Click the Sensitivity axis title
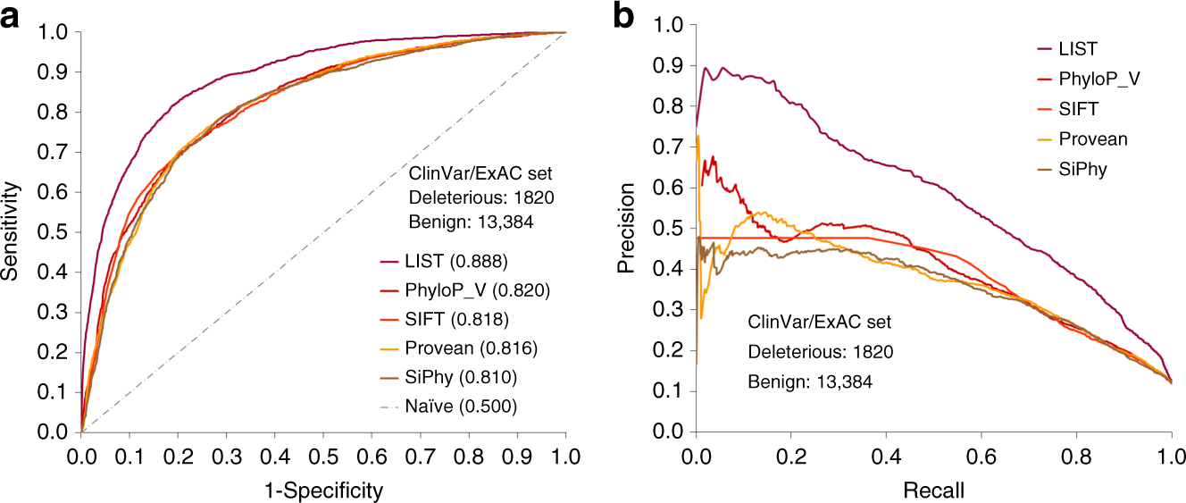click(x=13, y=231)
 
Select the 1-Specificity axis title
click(x=322, y=490)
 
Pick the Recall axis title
click(x=933, y=490)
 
